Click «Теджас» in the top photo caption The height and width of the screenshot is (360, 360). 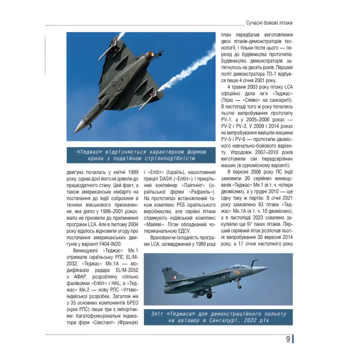(x=89, y=152)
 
